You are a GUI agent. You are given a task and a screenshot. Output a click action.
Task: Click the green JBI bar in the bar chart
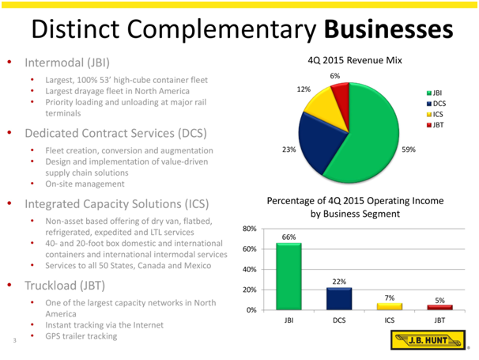point(289,276)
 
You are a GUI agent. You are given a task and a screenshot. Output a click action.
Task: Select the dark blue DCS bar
point(338,298)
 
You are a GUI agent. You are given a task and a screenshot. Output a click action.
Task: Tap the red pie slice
point(341,92)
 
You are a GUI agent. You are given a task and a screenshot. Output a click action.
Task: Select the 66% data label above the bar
point(289,236)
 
